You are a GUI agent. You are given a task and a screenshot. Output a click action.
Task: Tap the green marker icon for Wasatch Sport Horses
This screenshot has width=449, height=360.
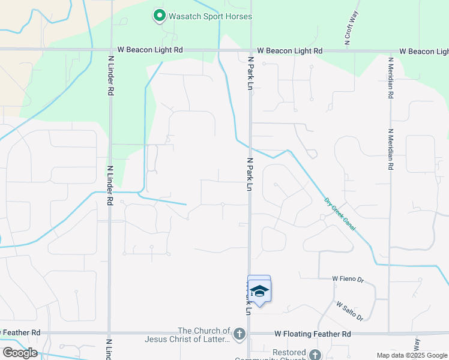click(159, 16)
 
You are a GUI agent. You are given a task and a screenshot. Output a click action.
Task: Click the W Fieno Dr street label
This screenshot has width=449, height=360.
click(348, 279)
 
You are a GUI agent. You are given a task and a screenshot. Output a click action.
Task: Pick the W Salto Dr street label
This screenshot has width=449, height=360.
click(349, 310)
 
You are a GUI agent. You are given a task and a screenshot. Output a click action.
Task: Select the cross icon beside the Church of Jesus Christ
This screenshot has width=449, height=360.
click(239, 334)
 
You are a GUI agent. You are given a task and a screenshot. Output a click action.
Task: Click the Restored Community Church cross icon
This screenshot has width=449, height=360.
click(315, 355)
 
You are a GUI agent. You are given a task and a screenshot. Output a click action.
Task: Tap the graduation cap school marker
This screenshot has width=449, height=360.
click(259, 291)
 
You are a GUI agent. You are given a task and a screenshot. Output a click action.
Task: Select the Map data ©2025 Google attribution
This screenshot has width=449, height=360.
click(411, 355)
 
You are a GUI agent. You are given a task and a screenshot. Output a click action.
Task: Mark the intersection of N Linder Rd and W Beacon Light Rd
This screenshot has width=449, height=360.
click(110, 50)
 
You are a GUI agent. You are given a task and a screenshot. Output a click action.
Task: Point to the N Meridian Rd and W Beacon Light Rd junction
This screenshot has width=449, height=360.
click(390, 52)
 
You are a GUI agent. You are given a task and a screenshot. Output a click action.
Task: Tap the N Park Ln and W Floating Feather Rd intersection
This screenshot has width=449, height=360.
click(250, 333)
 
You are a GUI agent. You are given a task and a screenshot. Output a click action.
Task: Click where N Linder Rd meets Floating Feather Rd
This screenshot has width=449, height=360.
click(109, 332)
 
